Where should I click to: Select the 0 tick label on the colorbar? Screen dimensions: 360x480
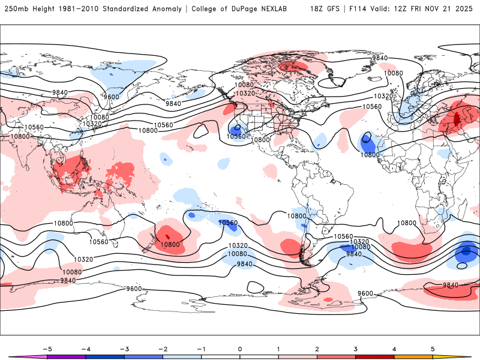click(x=240, y=348)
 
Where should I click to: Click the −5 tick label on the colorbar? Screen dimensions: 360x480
click(x=47, y=348)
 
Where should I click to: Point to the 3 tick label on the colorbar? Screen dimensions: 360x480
click(x=356, y=348)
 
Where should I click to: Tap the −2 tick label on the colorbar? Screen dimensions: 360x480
click(x=163, y=348)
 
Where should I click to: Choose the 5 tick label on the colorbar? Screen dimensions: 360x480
click(x=433, y=348)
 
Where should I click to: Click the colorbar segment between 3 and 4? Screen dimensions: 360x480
click(x=375, y=356)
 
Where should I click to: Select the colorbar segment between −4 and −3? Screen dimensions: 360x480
click(x=104, y=356)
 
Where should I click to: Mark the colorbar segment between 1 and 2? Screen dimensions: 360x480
click(x=298, y=356)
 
